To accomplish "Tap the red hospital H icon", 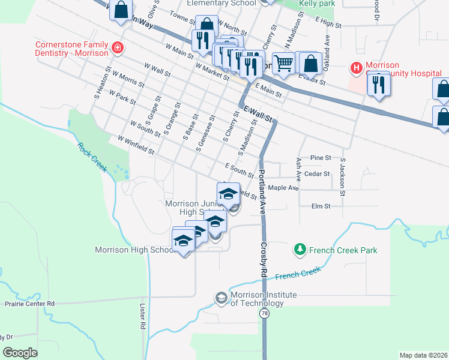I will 357,67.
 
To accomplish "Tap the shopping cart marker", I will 285,63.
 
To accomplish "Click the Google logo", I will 20,353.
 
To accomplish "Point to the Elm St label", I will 321,206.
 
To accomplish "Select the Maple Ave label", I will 283,188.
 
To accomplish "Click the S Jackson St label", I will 343,177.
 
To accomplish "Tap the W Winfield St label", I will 136,143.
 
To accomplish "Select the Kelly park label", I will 318,4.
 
